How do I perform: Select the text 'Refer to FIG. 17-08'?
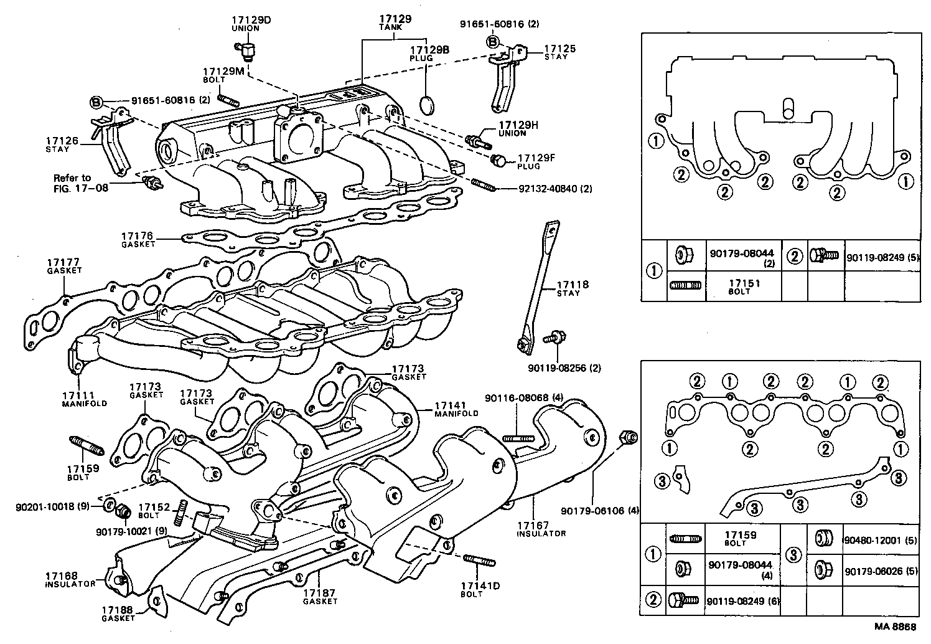[80, 182]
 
